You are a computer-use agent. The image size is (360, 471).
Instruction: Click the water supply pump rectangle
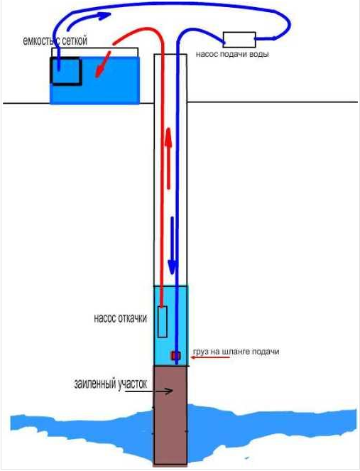coord(239,40)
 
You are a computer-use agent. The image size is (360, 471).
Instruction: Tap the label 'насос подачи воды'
coord(232,55)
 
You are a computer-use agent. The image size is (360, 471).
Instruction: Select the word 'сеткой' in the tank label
coord(72,40)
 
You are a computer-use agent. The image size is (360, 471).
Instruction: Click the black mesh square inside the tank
coord(66,71)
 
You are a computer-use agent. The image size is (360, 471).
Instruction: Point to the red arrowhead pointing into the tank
coord(100,71)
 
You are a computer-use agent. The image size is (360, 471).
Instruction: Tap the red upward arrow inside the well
coord(168,158)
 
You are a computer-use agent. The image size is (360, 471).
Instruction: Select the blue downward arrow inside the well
coord(172,245)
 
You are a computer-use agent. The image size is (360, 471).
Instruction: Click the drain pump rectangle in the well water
coord(163,322)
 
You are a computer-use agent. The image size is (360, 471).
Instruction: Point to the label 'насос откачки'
coord(121,318)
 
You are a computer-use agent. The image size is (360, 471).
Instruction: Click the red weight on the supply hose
coord(176,356)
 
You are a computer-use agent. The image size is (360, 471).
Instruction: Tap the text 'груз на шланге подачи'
coord(236,352)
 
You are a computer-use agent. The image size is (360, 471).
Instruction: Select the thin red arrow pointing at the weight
coord(211,357)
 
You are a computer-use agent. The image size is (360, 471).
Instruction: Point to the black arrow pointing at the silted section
coord(149,391)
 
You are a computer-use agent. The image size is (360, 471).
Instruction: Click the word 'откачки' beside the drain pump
coord(133,318)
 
